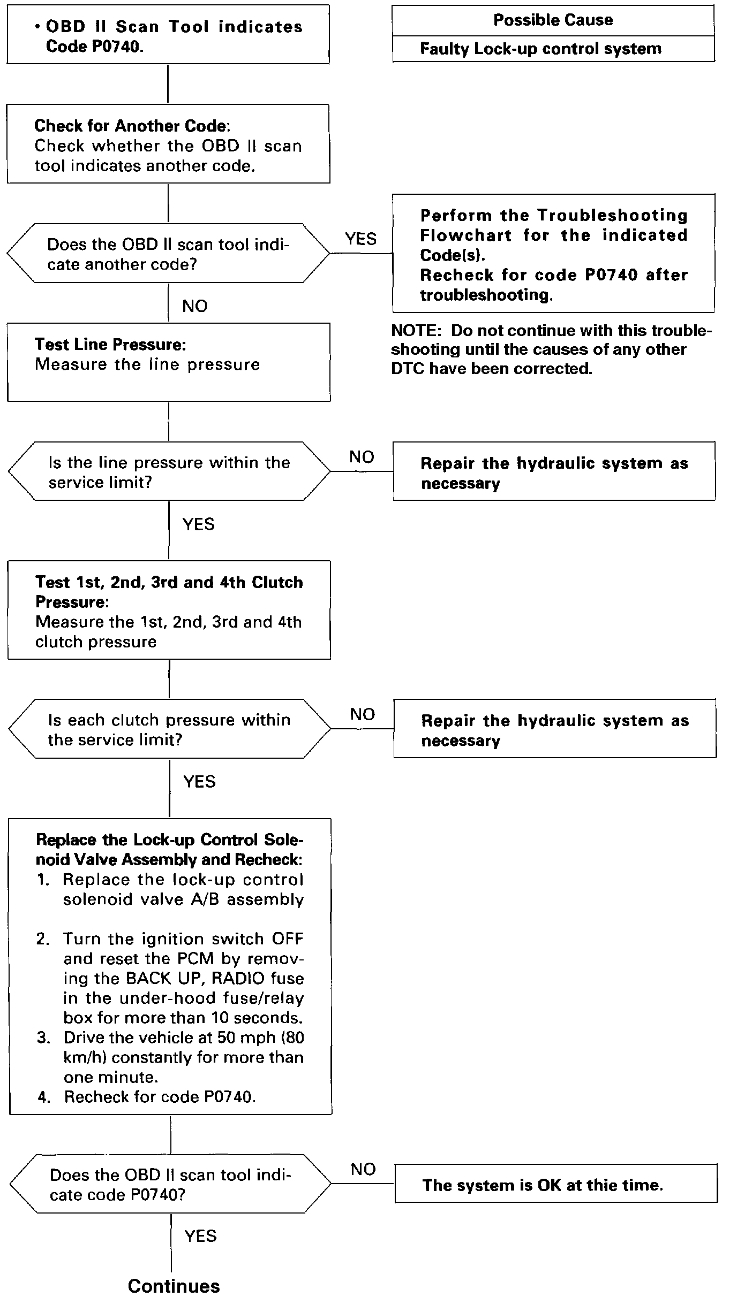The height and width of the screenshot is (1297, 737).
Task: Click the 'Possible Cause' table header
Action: pyautogui.click(x=553, y=20)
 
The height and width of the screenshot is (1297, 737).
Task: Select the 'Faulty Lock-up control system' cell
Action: pyautogui.click(x=540, y=49)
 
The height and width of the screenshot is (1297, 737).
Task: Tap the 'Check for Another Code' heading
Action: pyautogui.click(x=131, y=126)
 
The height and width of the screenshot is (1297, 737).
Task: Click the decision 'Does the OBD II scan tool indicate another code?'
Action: pyautogui.click(x=168, y=254)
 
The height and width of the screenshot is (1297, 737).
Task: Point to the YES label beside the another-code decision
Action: pyautogui.click(x=360, y=239)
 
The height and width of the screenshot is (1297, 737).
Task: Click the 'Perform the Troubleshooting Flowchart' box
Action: pyautogui.click(x=553, y=254)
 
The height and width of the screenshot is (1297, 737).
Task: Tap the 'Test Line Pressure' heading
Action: pyautogui.click(x=110, y=344)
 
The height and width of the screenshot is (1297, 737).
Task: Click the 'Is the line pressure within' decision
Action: pyautogui.click(x=169, y=472)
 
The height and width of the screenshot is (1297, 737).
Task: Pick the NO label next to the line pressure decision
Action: pyautogui.click(x=362, y=457)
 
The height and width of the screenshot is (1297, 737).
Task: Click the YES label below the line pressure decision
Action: pyautogui.click(x=198, y=524)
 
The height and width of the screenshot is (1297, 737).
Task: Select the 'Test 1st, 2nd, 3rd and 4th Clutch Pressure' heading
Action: pyautogui.click(x=169, y=591)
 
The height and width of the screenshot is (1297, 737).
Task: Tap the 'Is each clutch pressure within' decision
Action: pyautogui.click(x=169, y=729)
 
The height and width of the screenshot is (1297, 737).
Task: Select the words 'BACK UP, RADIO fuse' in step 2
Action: pyautogui.click(x=215, y=978)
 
